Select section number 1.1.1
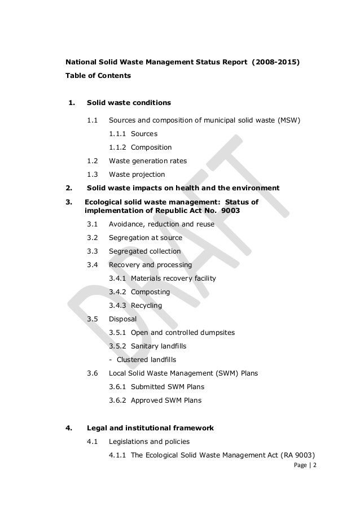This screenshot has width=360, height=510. pyautogui.click(x=117, y=134)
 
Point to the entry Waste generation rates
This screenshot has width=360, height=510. pyautogui.click(x=147, y=161)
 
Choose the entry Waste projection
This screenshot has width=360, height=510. pyautogui.click(x=137, y=175)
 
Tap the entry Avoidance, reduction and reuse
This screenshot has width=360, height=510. pyautogui.click(x=161, y=224)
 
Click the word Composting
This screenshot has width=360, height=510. pyautogui.click(x=151, y=292)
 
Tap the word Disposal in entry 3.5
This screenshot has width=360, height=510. pyautogui.click(x=122, y=319)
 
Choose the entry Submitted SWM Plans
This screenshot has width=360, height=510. pyautogui.click(x=167, y=387)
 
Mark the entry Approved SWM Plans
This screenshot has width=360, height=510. pyautogui.click(x=166, y=400)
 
